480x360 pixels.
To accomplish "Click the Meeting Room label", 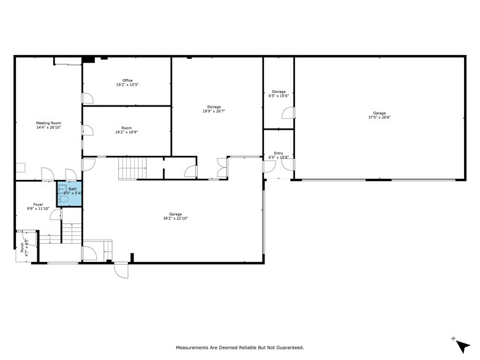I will tap(48, 123).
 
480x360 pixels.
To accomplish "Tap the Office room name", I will tap(127, 81).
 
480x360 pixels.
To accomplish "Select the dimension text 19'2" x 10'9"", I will tap(127, 132).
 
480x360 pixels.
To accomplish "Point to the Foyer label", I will tap(38, 204).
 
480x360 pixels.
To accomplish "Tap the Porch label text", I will tap(23, 247).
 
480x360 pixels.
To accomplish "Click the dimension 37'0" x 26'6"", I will tap(380, 118).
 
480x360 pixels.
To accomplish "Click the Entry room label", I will tap(279, 153).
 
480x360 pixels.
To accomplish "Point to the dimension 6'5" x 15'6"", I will tap(279, 96).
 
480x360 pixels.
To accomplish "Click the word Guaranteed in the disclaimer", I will tap(286, 348).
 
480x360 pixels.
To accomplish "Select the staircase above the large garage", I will tap(133, 167).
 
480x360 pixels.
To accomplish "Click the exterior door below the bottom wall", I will tap(121, 269).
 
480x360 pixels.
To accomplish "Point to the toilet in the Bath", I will tap(64, 199).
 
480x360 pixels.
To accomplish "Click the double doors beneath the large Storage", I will tap(221, 168).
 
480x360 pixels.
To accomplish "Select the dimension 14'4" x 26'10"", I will tap(48, 128).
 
